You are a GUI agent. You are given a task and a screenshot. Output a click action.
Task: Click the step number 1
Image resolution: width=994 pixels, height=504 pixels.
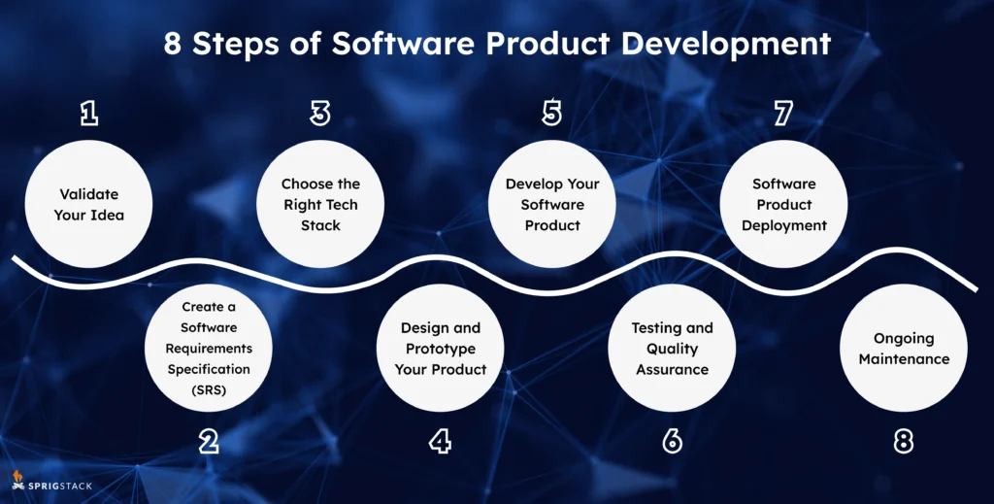pos(89,115)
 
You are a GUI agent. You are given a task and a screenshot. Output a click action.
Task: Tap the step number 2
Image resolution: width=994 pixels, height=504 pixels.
pos(208,443)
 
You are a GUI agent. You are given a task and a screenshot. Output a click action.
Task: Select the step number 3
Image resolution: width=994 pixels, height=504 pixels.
pos(320,115)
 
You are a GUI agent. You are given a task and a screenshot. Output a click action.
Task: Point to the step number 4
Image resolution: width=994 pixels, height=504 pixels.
pos(440,443)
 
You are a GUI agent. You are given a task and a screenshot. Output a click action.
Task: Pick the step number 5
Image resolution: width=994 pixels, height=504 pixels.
pos(551,115)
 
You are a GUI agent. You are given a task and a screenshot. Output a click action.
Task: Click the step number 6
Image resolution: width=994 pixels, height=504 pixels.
pos(672,443)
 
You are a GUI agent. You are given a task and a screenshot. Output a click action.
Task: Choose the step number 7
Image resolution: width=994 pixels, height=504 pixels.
pos(783,115)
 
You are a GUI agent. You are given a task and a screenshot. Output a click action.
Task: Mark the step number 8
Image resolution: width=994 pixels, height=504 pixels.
pos(903,443)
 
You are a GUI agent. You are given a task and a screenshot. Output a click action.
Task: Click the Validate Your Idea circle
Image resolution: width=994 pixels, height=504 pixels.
pos(89,204)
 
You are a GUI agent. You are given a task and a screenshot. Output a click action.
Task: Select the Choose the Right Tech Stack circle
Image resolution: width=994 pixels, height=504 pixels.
pos(320,204)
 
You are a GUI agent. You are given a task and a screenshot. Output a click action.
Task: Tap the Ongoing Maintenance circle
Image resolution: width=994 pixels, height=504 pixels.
pos(904,349)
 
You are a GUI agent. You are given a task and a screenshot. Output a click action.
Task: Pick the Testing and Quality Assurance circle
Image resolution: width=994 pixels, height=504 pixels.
pos(672,349)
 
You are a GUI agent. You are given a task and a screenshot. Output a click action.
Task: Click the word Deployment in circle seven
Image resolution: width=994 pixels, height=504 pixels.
pos(783,225)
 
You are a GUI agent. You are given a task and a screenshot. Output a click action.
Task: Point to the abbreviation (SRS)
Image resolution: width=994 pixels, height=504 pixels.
pos(209,389)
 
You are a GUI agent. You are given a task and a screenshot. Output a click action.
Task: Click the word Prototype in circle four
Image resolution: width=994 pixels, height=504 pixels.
pos(440,349)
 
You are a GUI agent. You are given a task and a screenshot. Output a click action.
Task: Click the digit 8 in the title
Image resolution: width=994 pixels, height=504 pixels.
pos(172,45)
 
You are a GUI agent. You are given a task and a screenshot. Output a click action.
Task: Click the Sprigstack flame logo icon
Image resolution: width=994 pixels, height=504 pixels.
pos(17,479)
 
